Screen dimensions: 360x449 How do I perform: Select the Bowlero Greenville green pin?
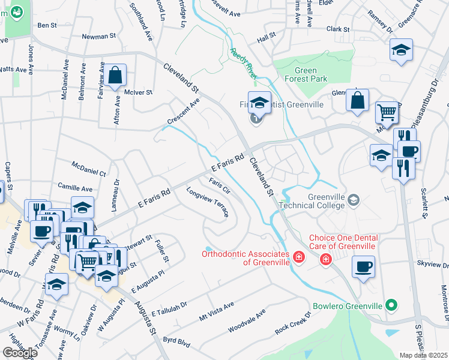coord(392,305)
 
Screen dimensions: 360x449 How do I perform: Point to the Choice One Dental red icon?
coord(325,259)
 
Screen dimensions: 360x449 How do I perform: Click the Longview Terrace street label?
coord(208,203)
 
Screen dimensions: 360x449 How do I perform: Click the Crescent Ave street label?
coord(183,112)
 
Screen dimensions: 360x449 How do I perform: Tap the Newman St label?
coord(98,37)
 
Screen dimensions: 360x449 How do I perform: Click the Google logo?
coord(20,352)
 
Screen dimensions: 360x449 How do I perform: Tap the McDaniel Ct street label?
coord(88,168)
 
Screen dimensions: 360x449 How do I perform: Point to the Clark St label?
coord(338,29)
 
